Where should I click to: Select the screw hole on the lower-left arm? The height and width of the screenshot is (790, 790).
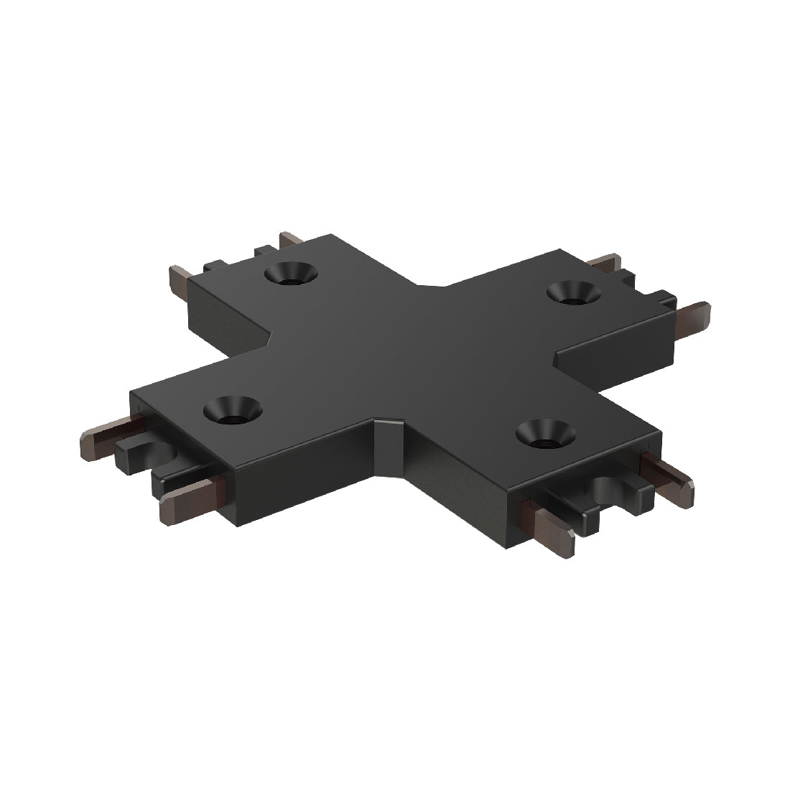tap(233, 411)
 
